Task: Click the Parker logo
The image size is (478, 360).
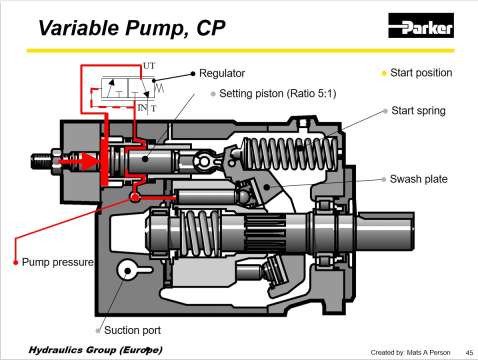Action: tap(421, 25)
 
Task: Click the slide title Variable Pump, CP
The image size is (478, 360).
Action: tap(132, 28)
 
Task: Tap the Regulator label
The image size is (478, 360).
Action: tap(222, 73)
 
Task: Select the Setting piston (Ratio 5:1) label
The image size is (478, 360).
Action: tap(278, 94)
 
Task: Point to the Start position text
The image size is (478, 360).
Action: tap(421, 73)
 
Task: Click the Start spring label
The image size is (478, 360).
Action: tap(418, 111)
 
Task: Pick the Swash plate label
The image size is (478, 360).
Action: tap(419, 179)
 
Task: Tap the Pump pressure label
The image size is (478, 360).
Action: tap(58, 262)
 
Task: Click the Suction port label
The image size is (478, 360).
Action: tap(132, 330)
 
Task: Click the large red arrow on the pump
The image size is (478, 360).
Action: tap(79, 161)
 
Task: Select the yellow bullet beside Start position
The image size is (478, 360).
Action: tap(384, 73)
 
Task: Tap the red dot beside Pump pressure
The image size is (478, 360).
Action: tap(15, 263)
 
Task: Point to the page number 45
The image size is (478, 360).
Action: tap(469, 352)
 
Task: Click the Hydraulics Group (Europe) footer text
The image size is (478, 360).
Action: tap(96, 350)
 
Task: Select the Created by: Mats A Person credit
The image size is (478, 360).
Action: tap(410, 352)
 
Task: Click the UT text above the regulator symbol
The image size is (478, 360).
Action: tap(149, 66)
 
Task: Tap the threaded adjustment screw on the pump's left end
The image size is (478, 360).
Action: tap(42, 161)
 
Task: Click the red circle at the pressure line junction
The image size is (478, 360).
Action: tap(135, 197)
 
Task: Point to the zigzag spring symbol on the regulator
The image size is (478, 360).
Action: tap(160, 87)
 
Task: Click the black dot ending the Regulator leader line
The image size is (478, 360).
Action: tap(193, 74)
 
